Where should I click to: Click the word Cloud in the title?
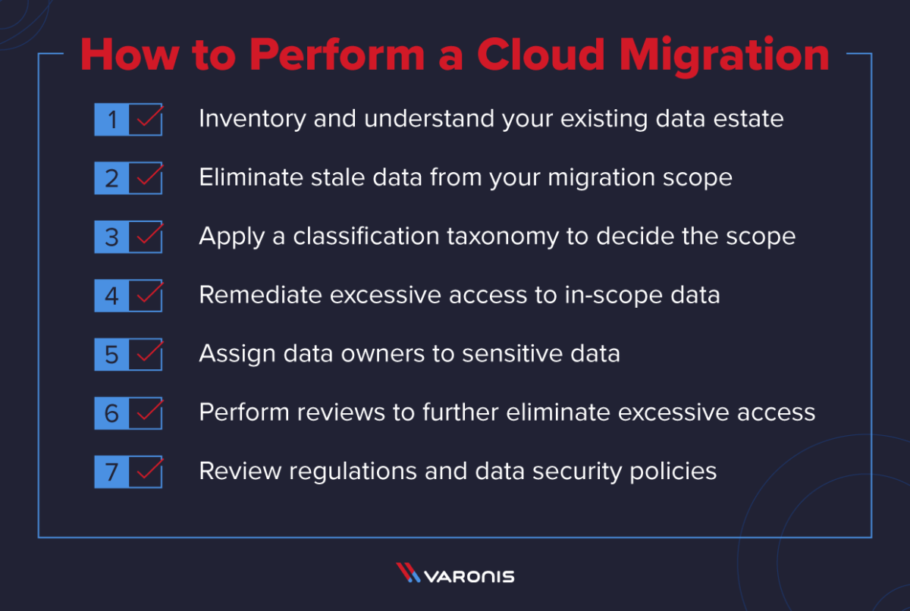point(541,55)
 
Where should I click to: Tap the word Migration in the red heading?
point(724,56)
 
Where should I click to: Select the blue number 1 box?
point(111,119)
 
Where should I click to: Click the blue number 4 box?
point(111,296)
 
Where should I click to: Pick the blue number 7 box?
point(111,472)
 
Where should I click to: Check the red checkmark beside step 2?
point(150,175)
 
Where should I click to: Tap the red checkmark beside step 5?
point(150,351)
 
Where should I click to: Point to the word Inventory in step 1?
point(253,119)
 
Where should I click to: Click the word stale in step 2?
point(338,177)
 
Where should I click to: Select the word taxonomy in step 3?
point(503,237)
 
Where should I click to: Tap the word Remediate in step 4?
point(260,295)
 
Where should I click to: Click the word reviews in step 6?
point(340,412)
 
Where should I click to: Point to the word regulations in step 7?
point(353,472)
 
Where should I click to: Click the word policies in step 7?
point(673,472)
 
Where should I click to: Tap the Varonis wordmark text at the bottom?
point(469,576)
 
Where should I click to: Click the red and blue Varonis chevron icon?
point(408,572)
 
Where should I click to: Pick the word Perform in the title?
point(337,55)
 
